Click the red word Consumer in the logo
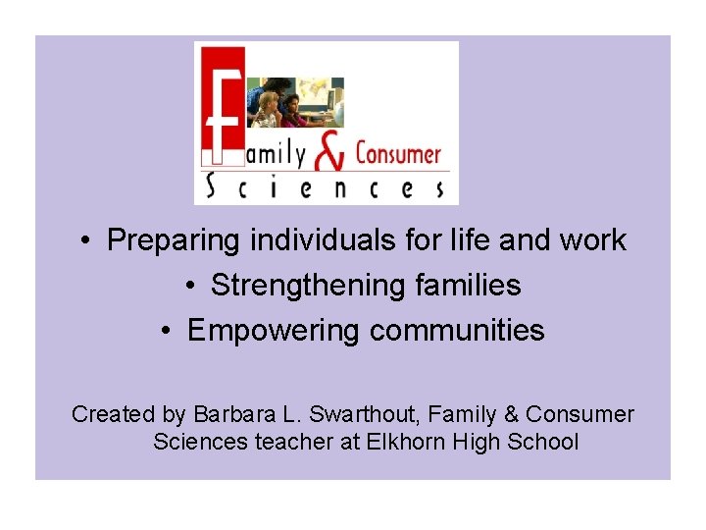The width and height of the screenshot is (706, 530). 398,154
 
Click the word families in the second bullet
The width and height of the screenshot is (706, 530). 468,286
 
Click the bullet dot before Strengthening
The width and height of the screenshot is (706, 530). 190,287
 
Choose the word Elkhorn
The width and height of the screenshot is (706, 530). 405,442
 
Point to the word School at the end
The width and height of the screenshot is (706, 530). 543,442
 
